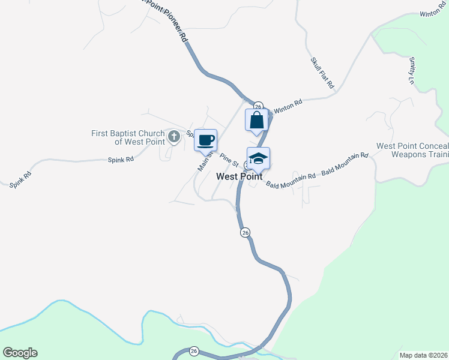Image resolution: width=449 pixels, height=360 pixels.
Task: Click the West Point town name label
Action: point(239,176)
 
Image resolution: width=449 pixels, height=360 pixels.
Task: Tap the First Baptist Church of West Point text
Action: point(127,137)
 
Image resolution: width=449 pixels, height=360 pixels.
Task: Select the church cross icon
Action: point(174,137)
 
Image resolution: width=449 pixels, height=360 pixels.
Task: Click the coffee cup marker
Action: point(206,140)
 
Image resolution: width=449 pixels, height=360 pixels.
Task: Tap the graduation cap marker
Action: point(258,158)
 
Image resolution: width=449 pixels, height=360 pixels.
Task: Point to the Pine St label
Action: point(229,159)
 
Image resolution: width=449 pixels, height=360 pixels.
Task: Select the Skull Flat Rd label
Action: point(322,73)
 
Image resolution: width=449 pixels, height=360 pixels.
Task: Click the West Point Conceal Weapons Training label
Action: point(412,151)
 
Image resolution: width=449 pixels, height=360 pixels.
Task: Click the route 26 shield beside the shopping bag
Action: point(258,105)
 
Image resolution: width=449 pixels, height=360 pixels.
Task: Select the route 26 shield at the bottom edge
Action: point(193,351)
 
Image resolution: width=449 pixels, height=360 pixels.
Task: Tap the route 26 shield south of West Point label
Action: point(244,232)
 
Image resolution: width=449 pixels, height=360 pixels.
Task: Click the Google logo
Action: point(20,353)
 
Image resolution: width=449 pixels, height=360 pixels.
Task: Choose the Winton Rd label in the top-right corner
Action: point(433,13)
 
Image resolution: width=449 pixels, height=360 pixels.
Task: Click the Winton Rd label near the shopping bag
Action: point(288,106)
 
